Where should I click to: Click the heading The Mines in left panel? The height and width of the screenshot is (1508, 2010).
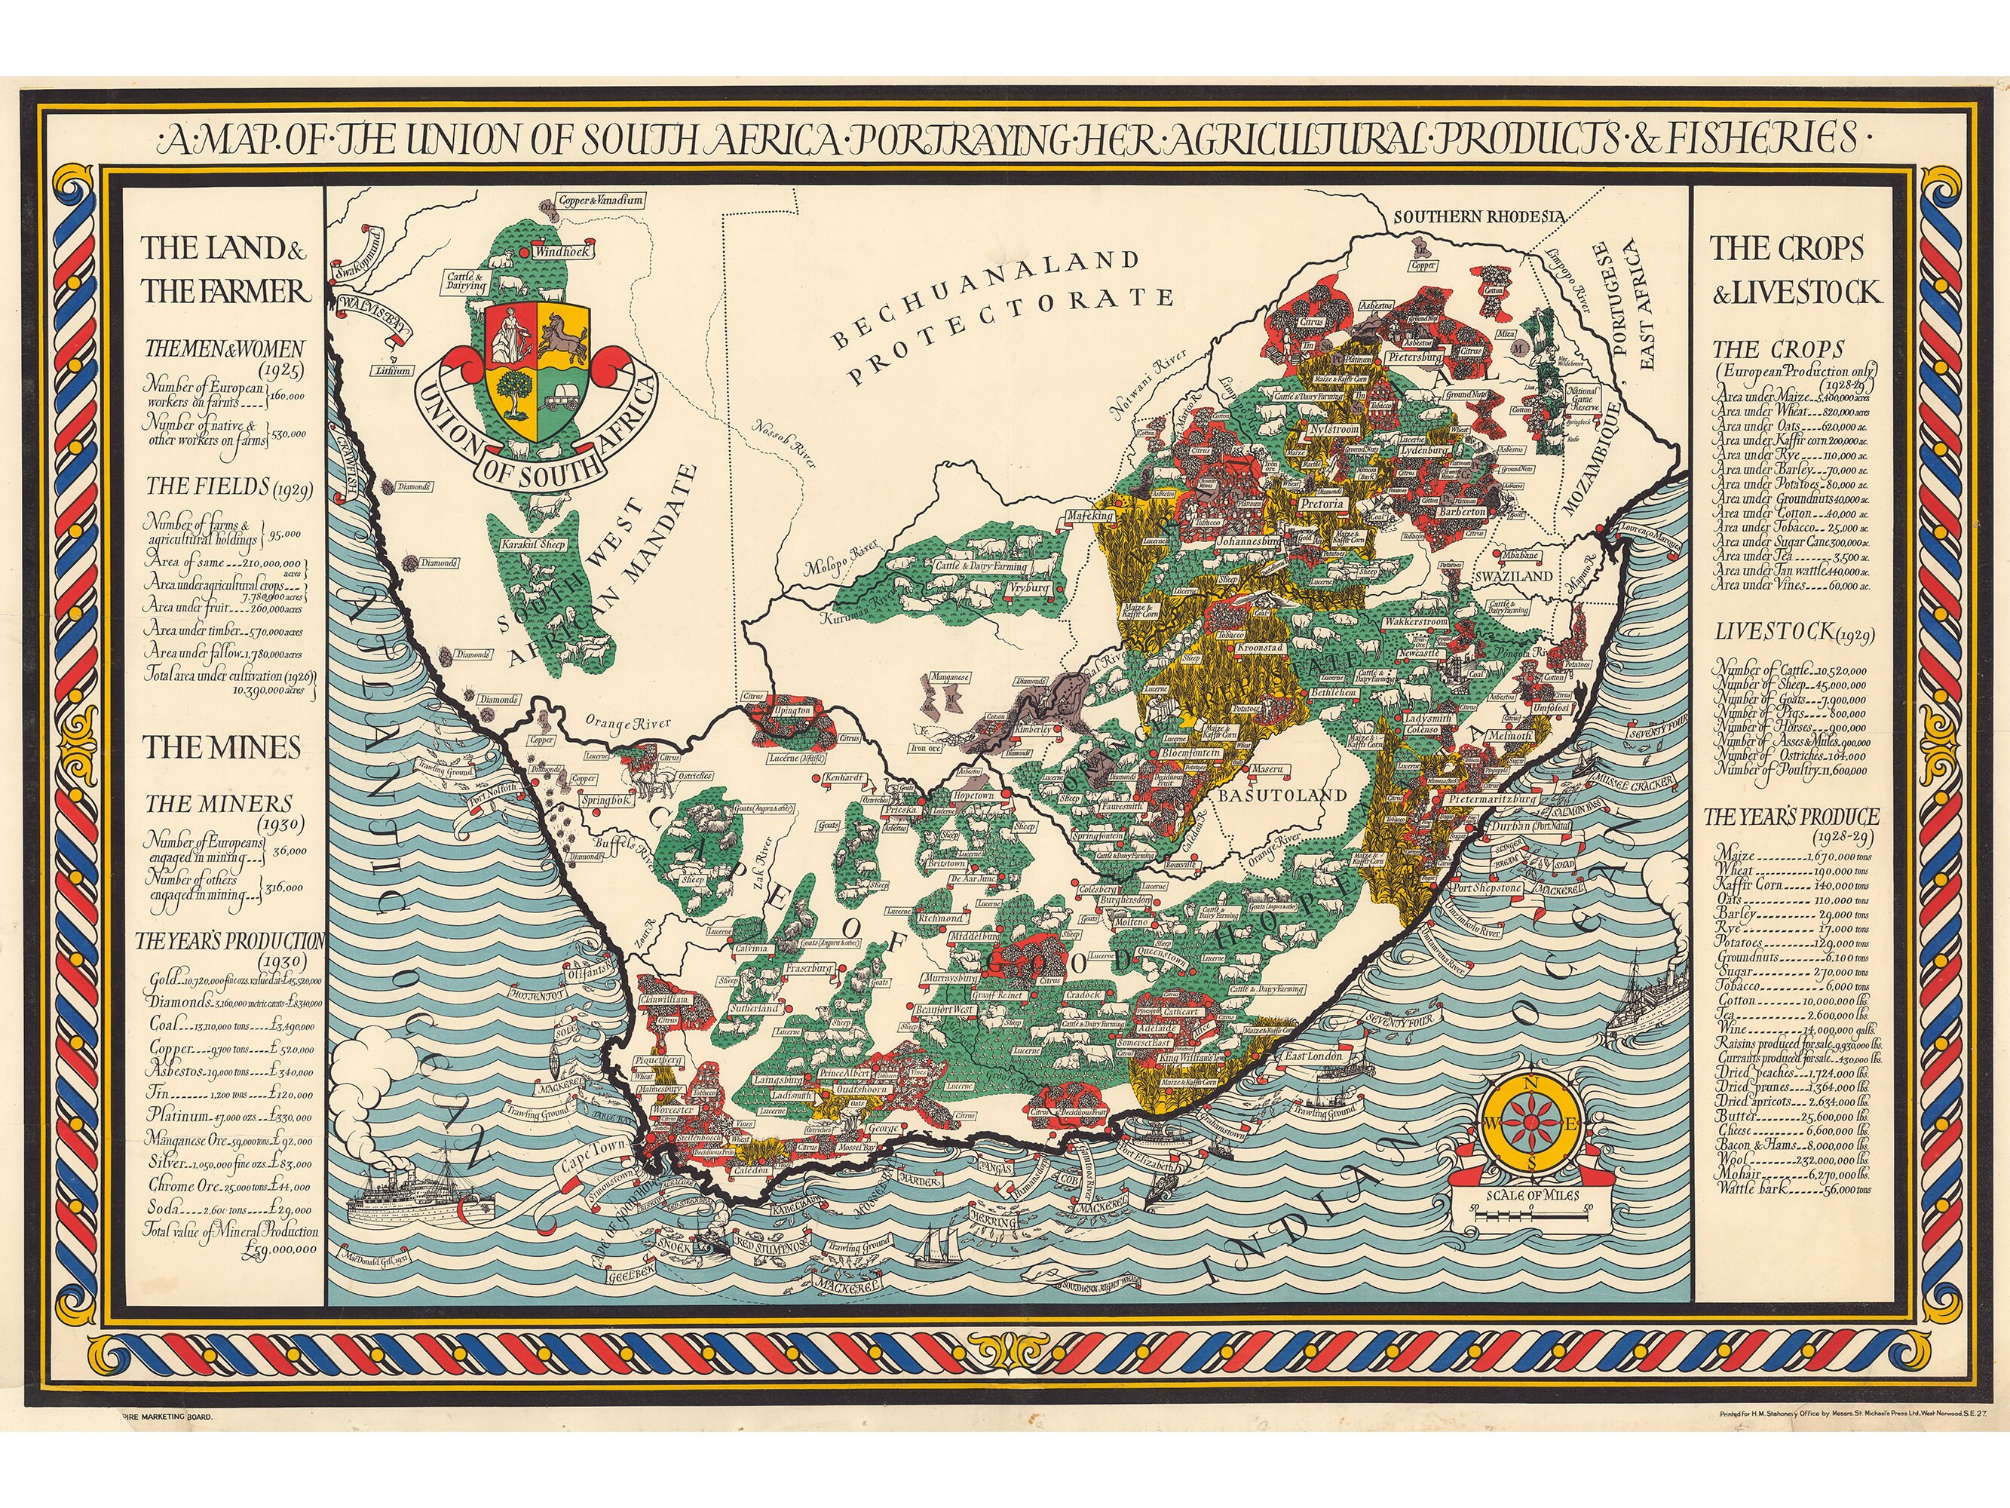(x=222, y=747)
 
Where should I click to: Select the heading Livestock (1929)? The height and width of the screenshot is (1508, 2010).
(x=1785, y=633)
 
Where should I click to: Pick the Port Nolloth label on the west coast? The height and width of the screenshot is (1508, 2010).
(x=492, y=788)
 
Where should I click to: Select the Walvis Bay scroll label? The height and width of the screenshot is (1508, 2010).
(x=371, y=306)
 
